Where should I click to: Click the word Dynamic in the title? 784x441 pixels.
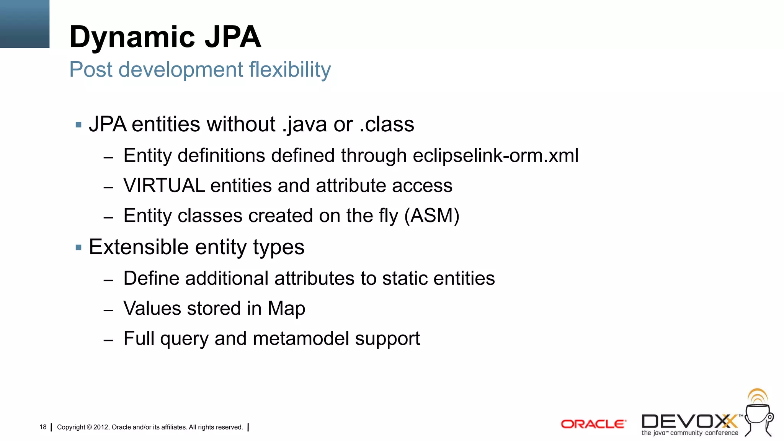(132, 38)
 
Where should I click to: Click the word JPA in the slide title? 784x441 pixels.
(233, 37)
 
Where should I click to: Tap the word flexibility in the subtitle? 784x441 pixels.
(290, 70)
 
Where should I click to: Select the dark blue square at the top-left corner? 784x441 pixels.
(24, 24)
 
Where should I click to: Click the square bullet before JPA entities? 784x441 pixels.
(78, 125)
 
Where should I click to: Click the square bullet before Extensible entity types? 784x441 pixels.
(78, 248)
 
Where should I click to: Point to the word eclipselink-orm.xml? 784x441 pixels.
(495, 156)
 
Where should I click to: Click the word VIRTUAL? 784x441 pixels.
(164, 186)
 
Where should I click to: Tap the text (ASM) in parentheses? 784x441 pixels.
(432, 216)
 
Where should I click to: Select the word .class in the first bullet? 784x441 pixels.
(387, 124)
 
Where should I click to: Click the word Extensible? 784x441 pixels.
(139, 247)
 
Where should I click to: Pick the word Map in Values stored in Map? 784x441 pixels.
(286, 309)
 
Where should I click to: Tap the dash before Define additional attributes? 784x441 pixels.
(108, 280)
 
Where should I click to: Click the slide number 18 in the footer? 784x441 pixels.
(43, 427)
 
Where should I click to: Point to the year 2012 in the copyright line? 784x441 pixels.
(101, 427)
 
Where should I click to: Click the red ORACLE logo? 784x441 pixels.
(593, 424)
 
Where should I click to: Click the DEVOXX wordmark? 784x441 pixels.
(689, 421)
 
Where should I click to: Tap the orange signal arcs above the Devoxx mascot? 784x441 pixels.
(758, 396)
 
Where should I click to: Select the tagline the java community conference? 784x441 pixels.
(689, 433)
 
